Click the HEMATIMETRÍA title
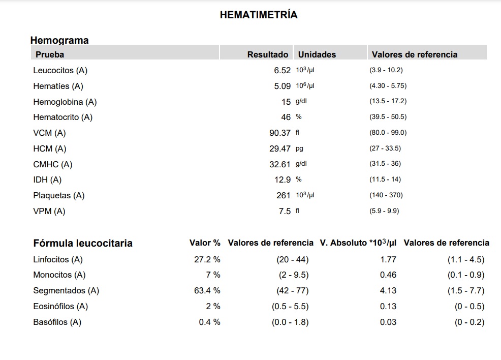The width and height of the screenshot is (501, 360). (x=259, y=15)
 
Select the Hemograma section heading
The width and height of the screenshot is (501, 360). (x=59, y=40)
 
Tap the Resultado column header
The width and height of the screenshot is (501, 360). (x=268, y=55)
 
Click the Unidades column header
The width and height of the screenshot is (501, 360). (x=317, y=55)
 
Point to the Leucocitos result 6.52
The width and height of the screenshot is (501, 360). (x=283, y=70)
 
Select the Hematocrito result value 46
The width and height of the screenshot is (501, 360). (x=286, y=117)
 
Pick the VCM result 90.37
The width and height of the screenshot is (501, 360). (x=280, y=133)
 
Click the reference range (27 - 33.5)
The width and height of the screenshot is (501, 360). (x=385, y=148)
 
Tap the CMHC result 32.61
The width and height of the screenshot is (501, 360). (x=280, y=164)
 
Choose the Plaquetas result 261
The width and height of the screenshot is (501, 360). (x=284, y=195)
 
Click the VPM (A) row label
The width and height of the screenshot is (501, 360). (x=49, y=212)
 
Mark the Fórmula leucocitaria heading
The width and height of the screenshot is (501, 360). (x=83, y=243)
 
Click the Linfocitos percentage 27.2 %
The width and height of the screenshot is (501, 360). (x=207, y=259)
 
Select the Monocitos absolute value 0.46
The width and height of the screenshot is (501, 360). (x=388, y=275)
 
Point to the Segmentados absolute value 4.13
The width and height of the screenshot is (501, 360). (x=388, y=291)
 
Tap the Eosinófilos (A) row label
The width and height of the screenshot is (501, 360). (x=60, y=306)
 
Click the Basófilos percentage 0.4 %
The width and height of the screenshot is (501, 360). (x=210, y=322)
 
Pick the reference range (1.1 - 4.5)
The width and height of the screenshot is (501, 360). (x=466, y=260)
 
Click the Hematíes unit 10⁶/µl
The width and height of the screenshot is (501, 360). (x=305, y=86)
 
